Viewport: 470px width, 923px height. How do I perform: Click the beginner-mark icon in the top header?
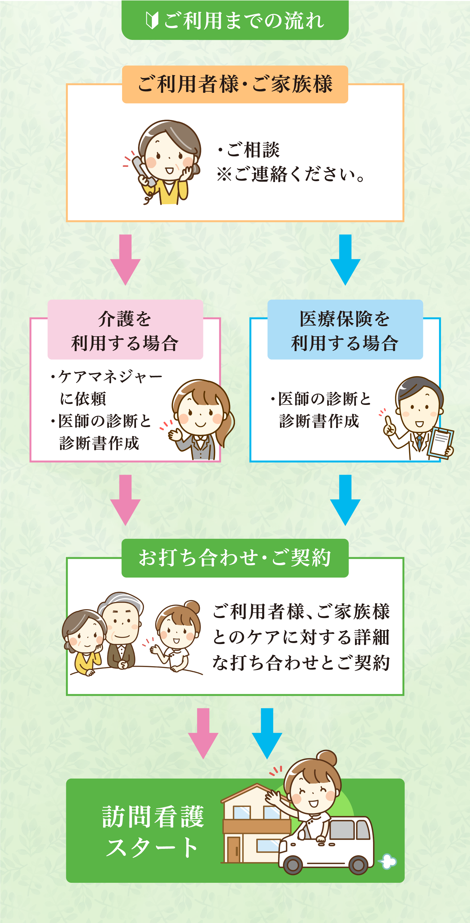[152, 20]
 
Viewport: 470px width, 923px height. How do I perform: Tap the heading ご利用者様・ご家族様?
[235, 85]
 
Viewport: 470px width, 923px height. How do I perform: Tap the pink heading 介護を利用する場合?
[125, 330]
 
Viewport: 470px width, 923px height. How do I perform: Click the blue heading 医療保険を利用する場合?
[345, 330]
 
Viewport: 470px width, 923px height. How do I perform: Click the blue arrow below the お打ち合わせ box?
[267, 733]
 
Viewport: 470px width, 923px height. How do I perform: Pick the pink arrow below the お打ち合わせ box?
[203, 733]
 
